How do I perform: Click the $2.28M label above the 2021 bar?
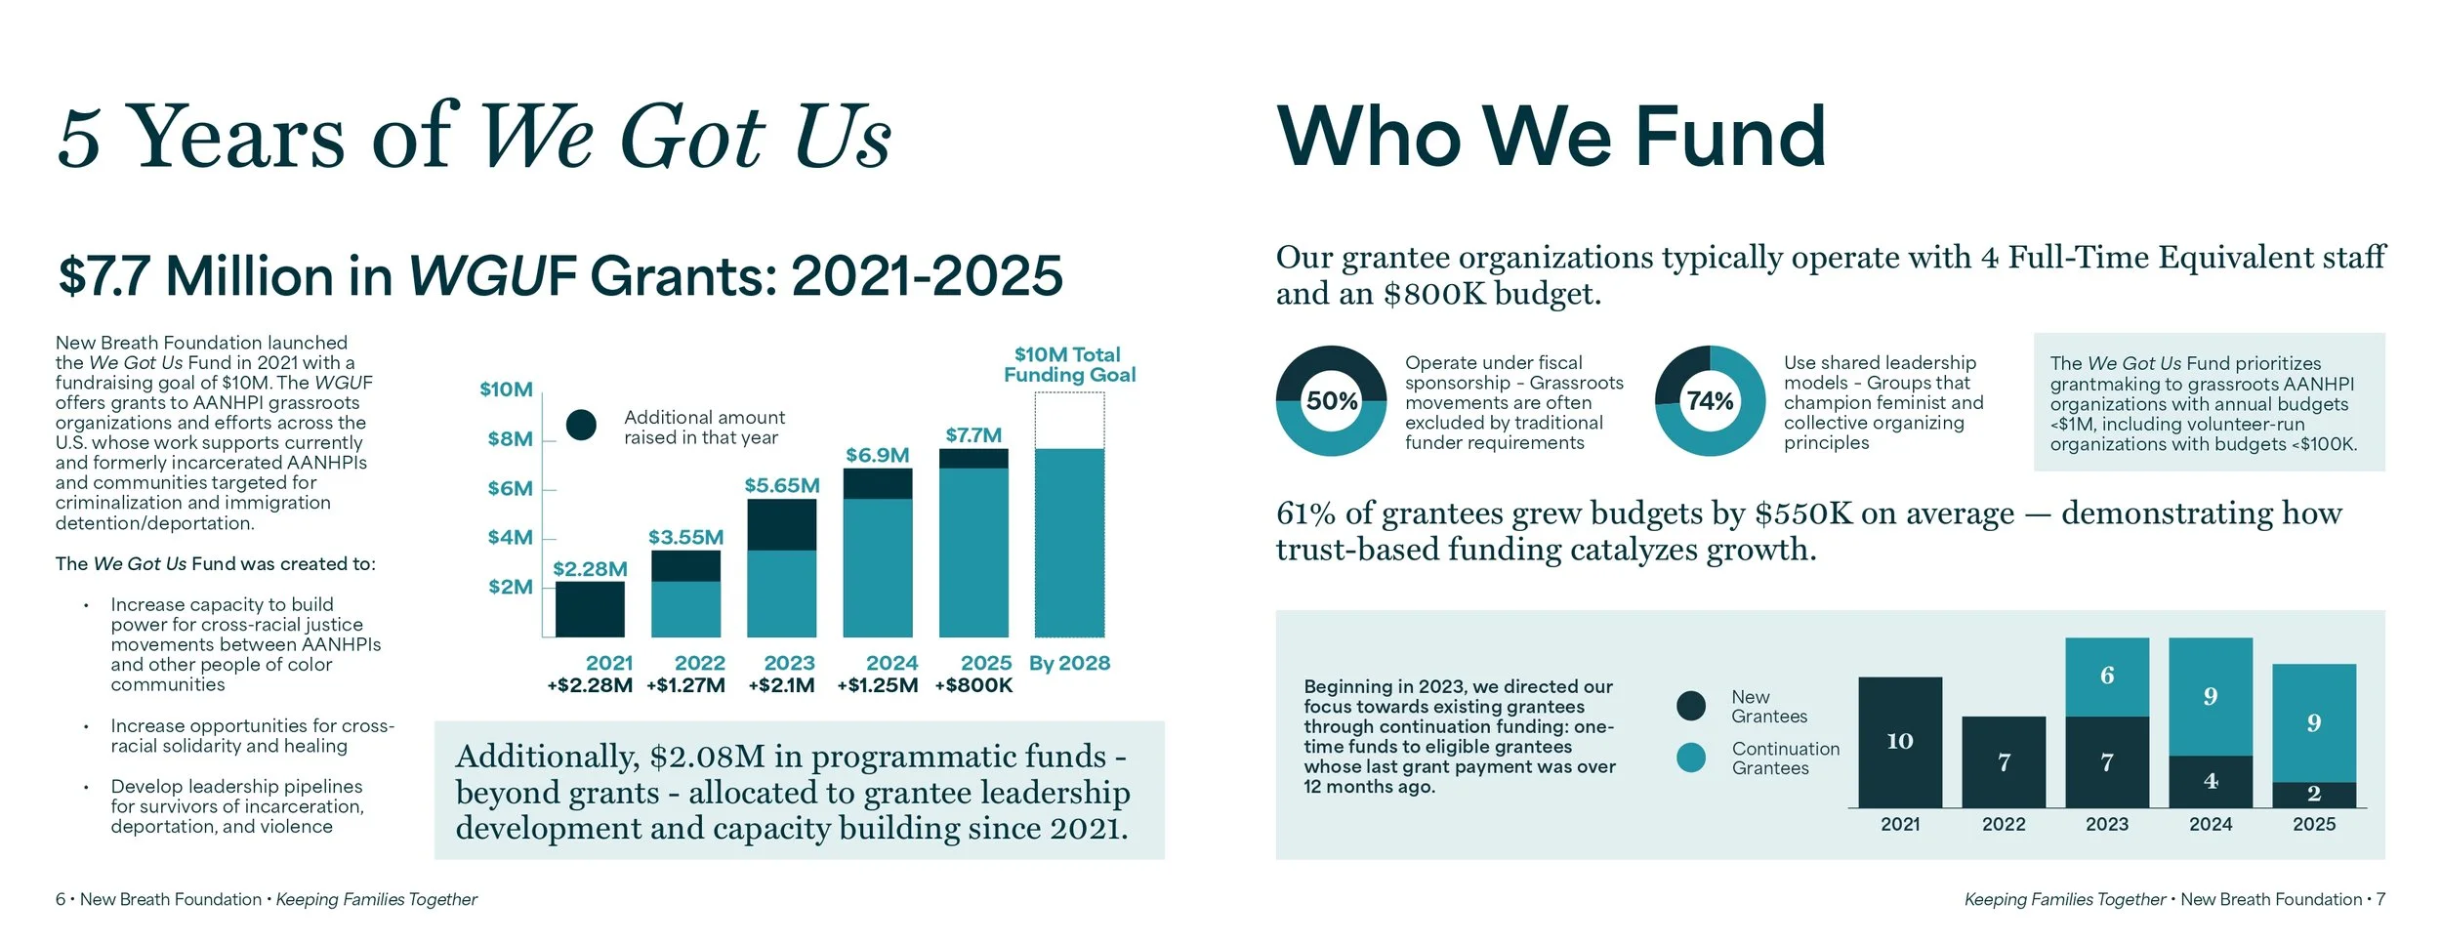click(590, 569)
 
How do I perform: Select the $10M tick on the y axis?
click(506, 389)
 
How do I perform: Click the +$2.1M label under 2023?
click(781, 685)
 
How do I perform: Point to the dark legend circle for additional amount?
click(581, 425)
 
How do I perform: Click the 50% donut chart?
click(1331, 401)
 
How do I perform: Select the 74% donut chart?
click(1710, 401)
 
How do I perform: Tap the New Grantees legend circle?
click(1690, 706)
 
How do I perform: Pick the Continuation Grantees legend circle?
click(1690, 758)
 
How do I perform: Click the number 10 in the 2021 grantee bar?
click(1899, 741)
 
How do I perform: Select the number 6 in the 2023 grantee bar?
click(2106, 676)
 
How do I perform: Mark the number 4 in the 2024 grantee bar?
click(2210, 781)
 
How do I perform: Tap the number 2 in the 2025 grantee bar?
click(2313, 794)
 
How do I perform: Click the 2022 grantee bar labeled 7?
click(2003, 762)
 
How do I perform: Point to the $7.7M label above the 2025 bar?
click(972, 435)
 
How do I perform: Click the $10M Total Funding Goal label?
click(1069, 365)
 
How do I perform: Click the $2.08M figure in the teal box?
click(708, 757)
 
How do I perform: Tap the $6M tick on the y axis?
click(510, 489)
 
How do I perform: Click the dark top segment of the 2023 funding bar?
click(781, 525)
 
